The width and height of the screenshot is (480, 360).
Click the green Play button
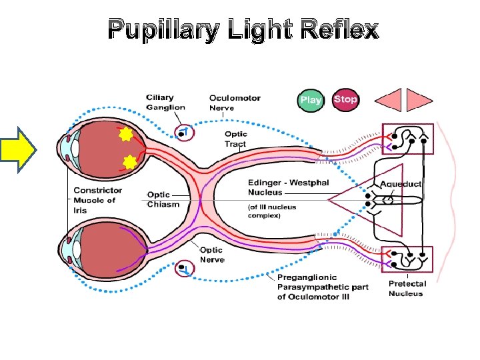point(311,100)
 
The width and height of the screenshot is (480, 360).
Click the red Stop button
point(345,99)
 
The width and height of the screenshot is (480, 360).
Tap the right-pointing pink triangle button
point(420,99)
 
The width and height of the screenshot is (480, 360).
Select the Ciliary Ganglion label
point(166,103)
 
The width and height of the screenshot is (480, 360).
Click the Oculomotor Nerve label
point(235,103)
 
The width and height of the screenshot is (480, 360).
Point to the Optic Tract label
point(235,139)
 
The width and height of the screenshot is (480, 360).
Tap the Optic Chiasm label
point(163,199)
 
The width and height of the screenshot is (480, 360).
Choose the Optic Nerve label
point(213,254)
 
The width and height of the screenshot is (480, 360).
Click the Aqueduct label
point(401,183)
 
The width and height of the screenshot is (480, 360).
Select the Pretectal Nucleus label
point(407,289)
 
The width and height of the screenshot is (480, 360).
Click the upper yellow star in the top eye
point(123,137)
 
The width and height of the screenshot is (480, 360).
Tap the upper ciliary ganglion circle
point(182,133)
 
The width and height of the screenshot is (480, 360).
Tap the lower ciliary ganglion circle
point(183,269)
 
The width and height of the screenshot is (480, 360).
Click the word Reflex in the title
point(339,30)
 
